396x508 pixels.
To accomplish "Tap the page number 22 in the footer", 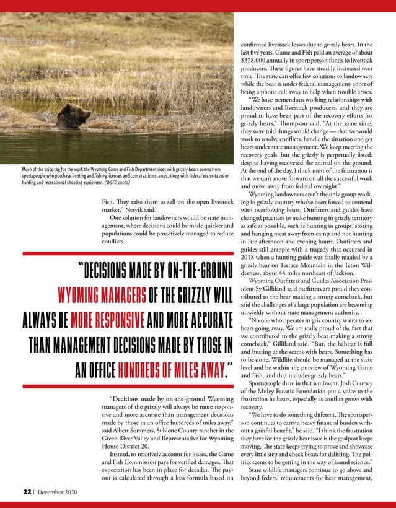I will point(28,491).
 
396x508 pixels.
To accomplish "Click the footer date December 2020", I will point(58,491).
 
